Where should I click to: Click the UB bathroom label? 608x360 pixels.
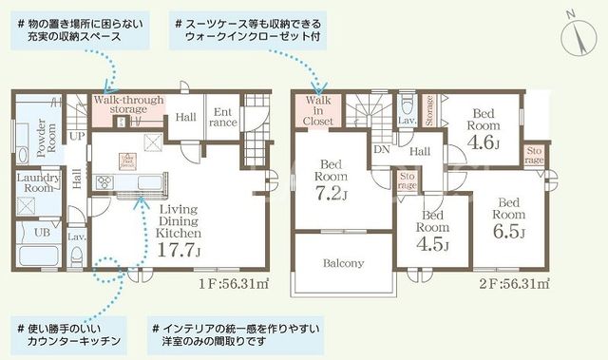coord(42,233)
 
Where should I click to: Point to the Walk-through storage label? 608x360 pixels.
coord(128,105)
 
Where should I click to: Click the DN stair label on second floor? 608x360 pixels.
coord(382,150)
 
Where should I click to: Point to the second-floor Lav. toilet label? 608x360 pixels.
coord(405,121)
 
